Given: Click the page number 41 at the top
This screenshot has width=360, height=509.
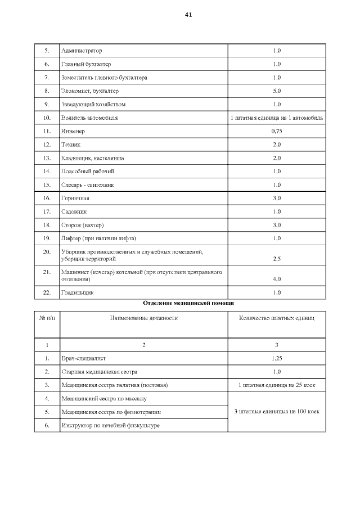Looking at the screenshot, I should pos(188,15).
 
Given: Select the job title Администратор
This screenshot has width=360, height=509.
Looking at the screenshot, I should pos(82,51).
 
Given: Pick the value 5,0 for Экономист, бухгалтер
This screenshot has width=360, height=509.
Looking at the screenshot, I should pos(276,91).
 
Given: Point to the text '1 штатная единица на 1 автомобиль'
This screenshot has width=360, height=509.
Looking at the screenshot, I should pos(276,118).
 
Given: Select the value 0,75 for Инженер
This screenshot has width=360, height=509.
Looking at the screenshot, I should pos(276,131).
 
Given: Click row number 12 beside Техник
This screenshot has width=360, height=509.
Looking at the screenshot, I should pos(47,145).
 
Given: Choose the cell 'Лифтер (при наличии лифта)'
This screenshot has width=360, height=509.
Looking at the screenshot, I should pos(98,238).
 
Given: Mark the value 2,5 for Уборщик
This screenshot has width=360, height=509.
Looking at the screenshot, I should pos(276,259).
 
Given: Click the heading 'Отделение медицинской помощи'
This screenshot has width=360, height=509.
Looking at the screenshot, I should pos(188,303).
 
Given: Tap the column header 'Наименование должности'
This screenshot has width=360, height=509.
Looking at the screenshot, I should pos(143,318).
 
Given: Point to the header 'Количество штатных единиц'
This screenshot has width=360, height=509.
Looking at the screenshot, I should pos(276,318).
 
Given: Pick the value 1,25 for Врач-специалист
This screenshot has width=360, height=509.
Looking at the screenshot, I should pos(276,358).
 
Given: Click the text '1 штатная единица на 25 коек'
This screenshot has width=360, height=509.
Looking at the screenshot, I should pos(276,385).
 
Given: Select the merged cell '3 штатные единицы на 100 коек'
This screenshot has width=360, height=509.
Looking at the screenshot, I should pos(276,412).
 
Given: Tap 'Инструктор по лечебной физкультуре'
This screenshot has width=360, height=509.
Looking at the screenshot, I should pos(110,425).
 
